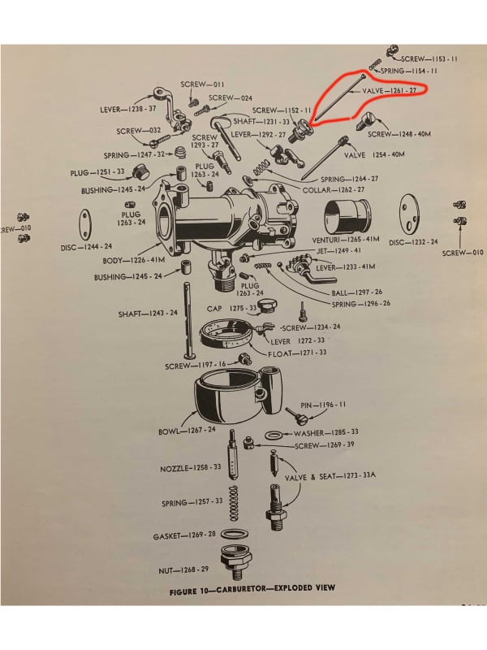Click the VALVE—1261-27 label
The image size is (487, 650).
(x=389, y=91)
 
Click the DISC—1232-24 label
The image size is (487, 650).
(x=413, y=241)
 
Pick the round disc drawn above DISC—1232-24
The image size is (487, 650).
(x=419, y=210)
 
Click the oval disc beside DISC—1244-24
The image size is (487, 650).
(x=84, y=221)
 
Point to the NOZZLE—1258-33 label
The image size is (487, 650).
(x=191, y=468)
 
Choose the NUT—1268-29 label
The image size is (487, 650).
(x=187, y=570)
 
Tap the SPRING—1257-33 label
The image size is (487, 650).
(x=191, y=502)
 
